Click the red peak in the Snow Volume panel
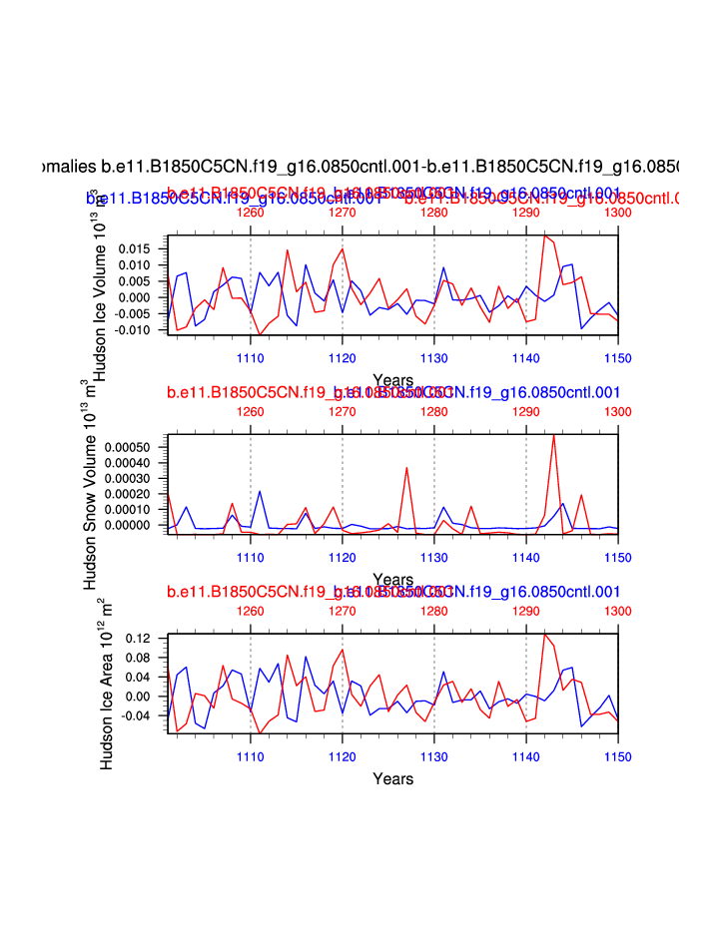pos(553,435)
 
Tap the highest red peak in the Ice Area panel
pos(545,634)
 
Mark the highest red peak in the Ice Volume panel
pos(544,235)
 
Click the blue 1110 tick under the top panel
pos(250,356)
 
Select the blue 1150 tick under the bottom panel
pos(618,756)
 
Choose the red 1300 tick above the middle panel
pos(618,411)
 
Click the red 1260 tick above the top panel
pos(250,213)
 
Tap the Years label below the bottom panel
pos(392,778)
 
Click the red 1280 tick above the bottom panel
pos(434,611)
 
